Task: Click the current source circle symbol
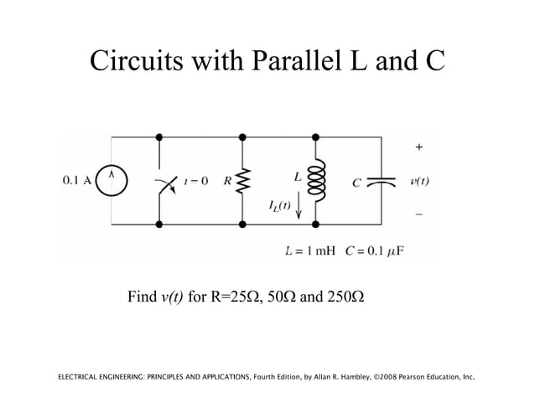(112, 179)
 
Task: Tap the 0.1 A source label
(77, 179)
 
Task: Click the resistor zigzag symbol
(242, 180)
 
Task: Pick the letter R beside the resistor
(226, 180)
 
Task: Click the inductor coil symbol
(316, 180)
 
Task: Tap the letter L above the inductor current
(298, 177)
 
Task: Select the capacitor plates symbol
(382, 180)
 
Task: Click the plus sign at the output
(419, 147)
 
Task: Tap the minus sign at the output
(419, 214)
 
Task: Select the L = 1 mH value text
(310, 250)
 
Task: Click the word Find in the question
(142, 297)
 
